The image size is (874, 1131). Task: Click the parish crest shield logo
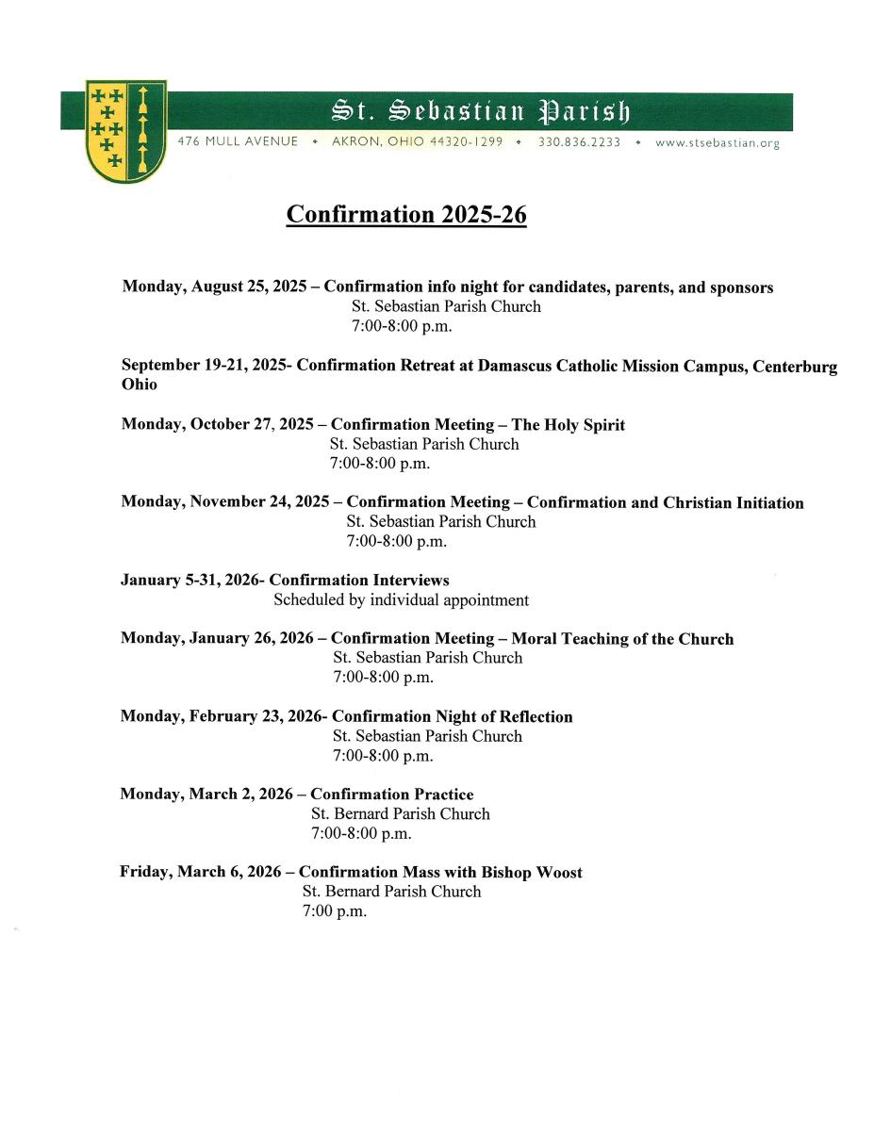point(126,131)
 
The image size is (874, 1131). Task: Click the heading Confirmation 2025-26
point(406,214)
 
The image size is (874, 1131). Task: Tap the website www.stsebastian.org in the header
point(717,142)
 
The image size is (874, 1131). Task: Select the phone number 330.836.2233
point(579,142)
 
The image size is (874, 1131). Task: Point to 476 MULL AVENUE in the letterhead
point(238,142)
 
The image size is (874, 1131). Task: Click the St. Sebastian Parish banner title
point(481,111)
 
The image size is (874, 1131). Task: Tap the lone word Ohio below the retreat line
point(140,385)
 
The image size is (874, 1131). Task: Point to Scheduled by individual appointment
point(401,600)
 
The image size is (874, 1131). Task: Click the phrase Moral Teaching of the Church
point(622,639)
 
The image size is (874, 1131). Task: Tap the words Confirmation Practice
point(391,795)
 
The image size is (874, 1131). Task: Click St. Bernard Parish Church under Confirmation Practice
point(400,813)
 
